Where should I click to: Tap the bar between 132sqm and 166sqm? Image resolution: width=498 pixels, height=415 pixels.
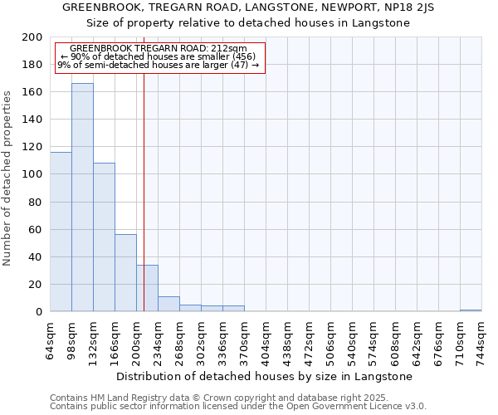[104, 237]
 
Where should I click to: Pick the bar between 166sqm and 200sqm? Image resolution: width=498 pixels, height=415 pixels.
[125, 273]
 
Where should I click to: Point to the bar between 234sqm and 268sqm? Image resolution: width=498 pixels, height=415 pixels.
[168, 304]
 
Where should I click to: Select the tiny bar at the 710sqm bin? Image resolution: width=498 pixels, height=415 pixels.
[471, 310]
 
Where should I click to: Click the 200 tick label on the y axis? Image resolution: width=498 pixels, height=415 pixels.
[32, 37]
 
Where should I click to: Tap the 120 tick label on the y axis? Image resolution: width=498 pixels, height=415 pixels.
[32, 147]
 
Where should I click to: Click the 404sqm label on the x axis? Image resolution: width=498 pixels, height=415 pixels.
[266, 339]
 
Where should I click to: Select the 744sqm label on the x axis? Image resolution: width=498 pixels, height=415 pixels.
[481, 339]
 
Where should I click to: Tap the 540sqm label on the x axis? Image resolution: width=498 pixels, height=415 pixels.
[352, 339]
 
